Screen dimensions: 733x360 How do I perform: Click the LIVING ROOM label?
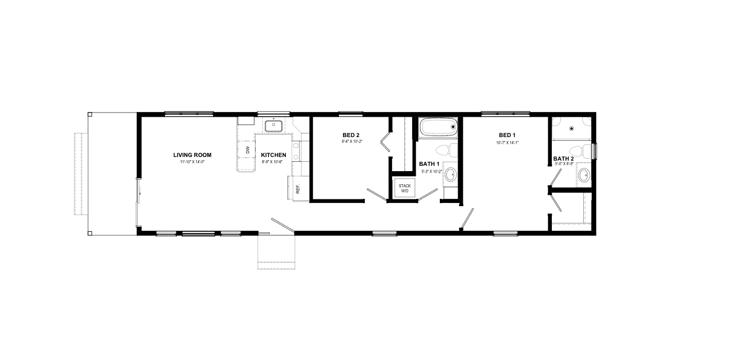193,155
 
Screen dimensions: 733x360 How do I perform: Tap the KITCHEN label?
273,155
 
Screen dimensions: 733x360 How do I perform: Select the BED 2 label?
351,135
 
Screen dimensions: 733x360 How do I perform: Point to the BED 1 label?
507,135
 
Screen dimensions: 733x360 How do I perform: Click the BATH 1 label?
429,164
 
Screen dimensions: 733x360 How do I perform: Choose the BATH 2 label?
563,159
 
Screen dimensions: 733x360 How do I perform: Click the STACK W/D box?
405,188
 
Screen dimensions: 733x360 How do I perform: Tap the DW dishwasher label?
248,150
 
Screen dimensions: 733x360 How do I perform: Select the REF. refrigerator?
298,188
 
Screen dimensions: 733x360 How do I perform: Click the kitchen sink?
273,126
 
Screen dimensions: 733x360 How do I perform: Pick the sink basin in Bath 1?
451,175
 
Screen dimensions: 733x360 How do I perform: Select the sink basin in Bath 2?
584,175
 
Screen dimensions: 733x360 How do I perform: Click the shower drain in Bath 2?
572,129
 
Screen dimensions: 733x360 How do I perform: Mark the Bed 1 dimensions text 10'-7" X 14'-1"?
507,142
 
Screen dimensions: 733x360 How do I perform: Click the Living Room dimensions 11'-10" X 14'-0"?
193,162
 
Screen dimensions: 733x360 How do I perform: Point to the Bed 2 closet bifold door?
385,142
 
